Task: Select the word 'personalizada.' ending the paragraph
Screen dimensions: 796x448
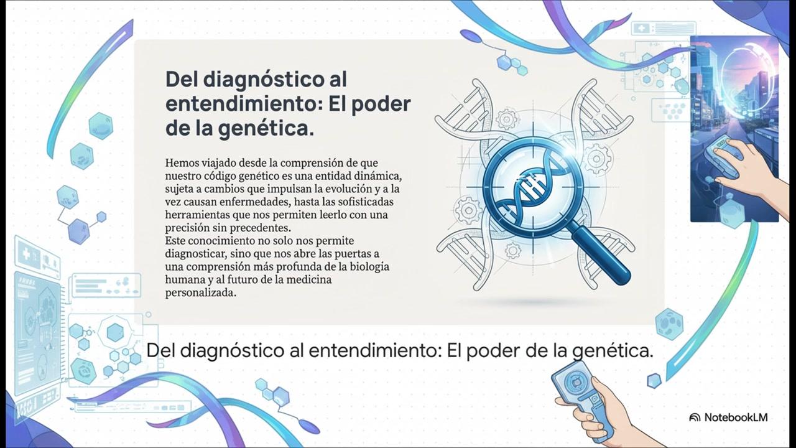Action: (201, 292)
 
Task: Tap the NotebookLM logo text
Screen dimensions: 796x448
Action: (736, 417)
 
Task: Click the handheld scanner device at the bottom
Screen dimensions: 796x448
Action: (583, 398)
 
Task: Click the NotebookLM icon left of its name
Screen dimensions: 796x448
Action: (695, 418)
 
